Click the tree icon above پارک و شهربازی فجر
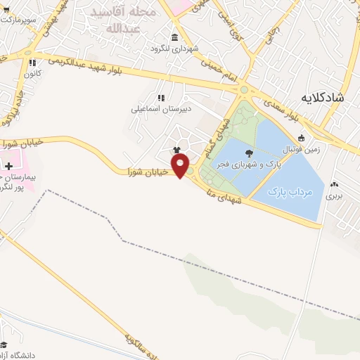[249, 153]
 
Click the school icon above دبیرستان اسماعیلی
[160, 98]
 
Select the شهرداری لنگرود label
[174, 49]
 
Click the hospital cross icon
[8, 166]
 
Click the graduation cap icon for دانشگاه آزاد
[4, 345]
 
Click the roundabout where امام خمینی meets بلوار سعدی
[244, 89]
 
